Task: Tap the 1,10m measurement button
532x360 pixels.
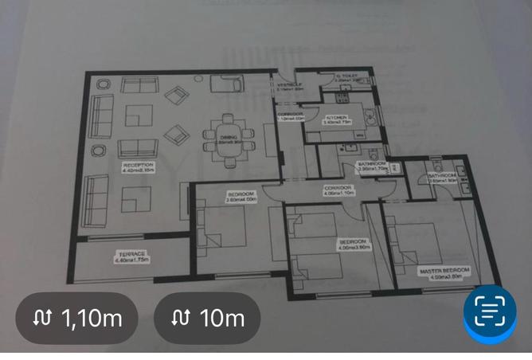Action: click(76, 319)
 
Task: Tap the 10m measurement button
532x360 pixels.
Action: click(207, 319)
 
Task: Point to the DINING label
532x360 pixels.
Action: click(229, 139)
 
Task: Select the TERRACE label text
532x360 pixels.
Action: click(132, 256)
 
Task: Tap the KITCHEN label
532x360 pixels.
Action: click(337, 120)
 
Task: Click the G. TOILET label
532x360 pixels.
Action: click(347, 77)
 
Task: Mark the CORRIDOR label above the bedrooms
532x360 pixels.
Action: click(338, 190)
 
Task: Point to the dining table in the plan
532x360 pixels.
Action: click(229, 142)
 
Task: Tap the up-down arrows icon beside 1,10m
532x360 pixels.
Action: click(42, 319)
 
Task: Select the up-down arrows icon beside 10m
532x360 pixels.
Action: click(180, 319)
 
